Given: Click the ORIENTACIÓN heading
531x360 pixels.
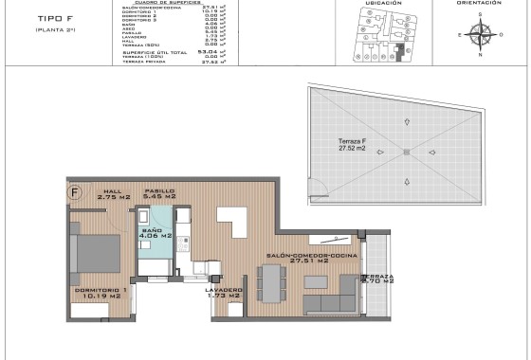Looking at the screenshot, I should coord(479,3).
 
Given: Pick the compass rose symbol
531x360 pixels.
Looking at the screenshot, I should coord(484,36).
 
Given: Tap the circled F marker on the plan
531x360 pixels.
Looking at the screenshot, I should coord(74,189).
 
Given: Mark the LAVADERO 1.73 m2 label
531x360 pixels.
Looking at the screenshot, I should coord(223,293).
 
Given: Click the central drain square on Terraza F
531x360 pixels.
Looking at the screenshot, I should coord(406,152).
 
